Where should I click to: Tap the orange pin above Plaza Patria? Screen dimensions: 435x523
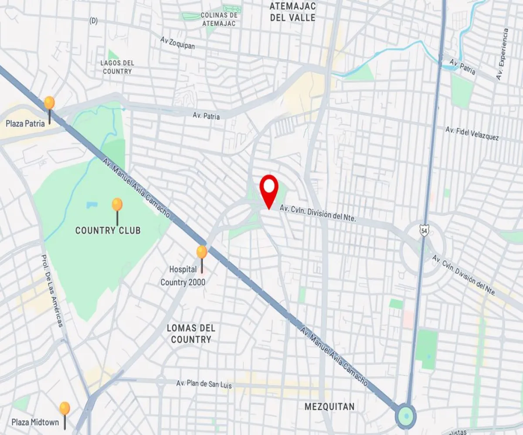[x=49, y=104]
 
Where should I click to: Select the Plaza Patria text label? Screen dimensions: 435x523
[x=25, y=124]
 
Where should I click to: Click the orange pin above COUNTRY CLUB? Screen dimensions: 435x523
[x=117, y=205]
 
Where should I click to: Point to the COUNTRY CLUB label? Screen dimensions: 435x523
[x=108, y=231]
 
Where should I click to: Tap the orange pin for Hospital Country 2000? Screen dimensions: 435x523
[x=201, y=253]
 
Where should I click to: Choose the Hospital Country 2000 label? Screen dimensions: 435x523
[x=183, y=276]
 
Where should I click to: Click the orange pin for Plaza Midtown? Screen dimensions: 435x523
[x=65, y=408]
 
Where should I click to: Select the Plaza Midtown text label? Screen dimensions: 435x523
[x=35, y=422]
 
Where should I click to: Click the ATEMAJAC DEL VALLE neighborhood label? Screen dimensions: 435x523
[x=292, y=12]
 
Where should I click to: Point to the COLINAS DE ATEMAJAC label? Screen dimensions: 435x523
[x=218, y=20]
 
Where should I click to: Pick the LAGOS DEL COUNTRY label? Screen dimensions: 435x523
[x=117, y=67]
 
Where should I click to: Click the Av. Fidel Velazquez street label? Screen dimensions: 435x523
[x=472, y=134]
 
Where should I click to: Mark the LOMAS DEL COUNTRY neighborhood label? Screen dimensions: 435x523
[x=191, y=334]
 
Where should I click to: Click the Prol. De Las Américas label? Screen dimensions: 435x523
[x=52, y=291]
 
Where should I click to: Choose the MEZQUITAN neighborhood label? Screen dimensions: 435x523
[x=329, y=407]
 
